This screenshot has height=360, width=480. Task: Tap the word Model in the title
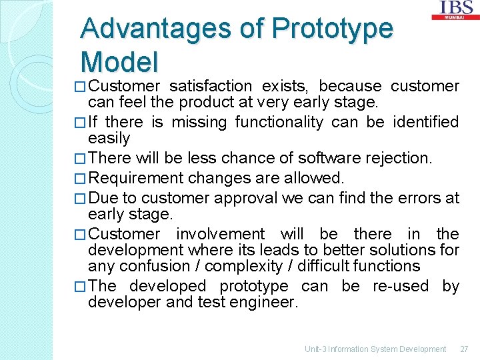(119, 62)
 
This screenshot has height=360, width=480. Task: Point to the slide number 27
(465, 349)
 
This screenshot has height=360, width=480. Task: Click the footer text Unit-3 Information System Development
(375, 349)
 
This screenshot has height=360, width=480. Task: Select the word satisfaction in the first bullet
(210, 87)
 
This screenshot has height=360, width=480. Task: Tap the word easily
(109, 138)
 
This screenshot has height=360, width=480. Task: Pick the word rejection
(397, 159)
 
